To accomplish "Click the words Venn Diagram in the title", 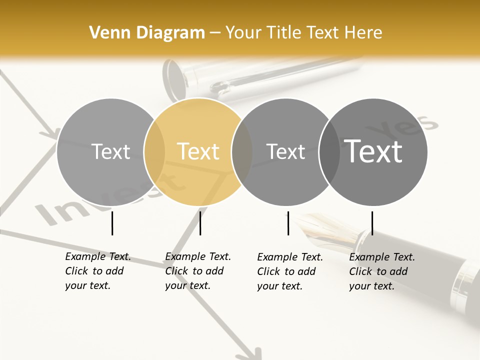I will point(147,33).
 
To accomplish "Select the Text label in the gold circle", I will point(198,151).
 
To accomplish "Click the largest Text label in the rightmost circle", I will point(373,151).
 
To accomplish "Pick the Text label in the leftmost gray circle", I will point(111,151).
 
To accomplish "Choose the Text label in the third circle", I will point(285,151).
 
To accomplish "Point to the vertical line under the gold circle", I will point(200,223).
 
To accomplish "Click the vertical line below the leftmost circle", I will point(112,223).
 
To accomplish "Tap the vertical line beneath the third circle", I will point(288,223).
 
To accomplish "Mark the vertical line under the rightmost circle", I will point(372,223).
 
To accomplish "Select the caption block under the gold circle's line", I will point(198,271).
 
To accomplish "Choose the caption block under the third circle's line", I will point(290,271).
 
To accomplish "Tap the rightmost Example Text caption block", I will point(382,271).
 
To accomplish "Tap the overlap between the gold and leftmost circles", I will point(154,151).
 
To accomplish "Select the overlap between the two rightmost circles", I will point(329,151).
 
